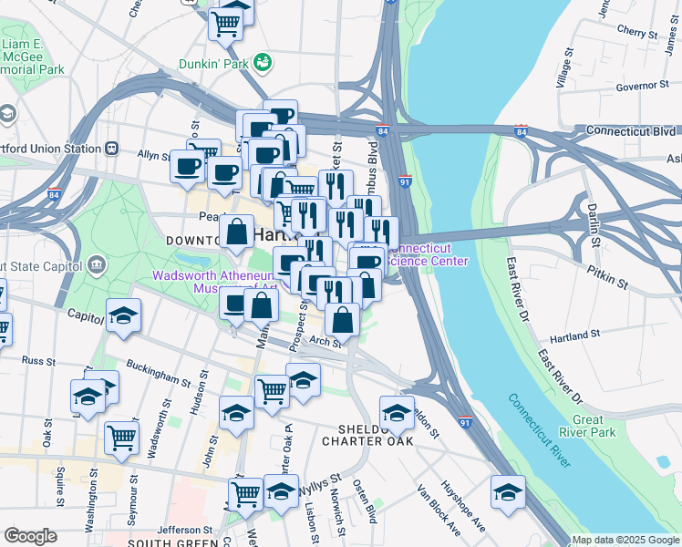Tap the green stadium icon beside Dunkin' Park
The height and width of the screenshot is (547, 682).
click(263, 62)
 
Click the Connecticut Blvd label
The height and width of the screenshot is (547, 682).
click(628, 130)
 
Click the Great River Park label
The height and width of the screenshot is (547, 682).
click(600, 427)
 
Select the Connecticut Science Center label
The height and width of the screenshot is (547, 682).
click(429, 255)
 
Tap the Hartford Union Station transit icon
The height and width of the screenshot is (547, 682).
click(111, 149)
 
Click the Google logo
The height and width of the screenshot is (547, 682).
click(31, 536)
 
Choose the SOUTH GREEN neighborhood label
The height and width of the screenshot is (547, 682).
click(165, 542)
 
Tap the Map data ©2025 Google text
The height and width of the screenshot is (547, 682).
click(625, 540)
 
